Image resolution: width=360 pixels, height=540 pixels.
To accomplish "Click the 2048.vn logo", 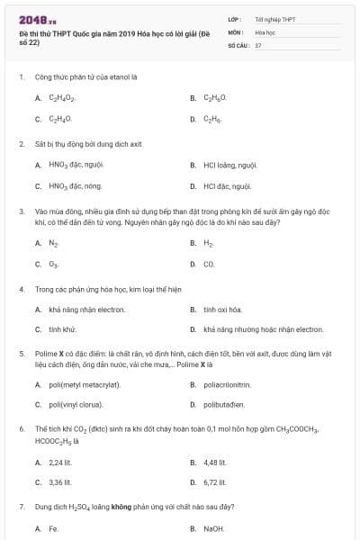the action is pos(32,20).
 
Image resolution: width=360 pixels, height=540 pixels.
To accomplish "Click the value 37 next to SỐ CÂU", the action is pos(258,44).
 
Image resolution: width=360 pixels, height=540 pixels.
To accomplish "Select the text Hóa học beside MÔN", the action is pos(265,31).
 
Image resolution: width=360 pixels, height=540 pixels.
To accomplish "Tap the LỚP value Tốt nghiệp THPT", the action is pos(274,18).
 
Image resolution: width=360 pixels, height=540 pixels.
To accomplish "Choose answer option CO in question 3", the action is pos(209,265).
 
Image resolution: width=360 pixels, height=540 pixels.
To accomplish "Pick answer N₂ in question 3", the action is pos(53,243).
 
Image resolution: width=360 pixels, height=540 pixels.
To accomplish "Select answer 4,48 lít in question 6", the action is pos(215,463).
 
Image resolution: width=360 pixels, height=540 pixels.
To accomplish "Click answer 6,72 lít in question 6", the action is pos(215,482).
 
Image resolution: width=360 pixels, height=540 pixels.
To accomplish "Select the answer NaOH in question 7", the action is pos(213,529).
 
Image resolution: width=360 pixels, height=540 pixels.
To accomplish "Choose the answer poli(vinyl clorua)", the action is pos(81,405).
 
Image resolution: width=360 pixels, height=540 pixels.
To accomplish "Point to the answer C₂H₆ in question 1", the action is pos(212,119).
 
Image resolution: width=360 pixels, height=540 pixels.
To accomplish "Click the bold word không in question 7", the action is pos(121,508).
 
